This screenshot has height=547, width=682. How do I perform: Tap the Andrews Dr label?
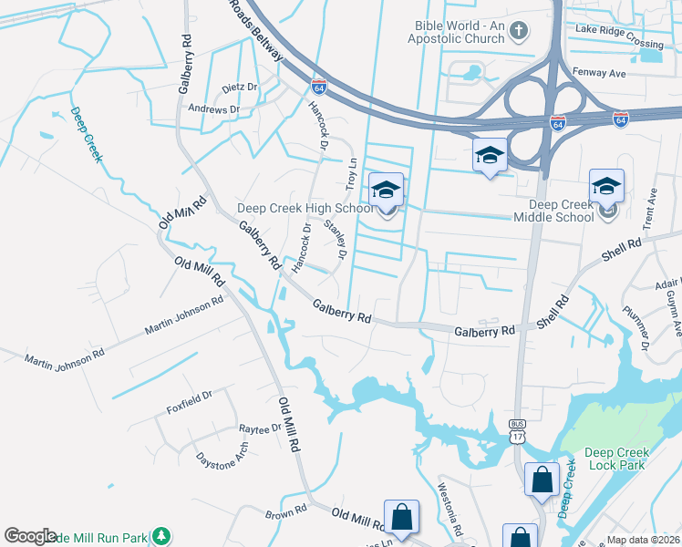point(213,109)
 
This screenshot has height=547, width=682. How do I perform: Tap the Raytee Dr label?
point(261,428)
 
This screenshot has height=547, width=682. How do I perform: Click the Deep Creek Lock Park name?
point(615,459)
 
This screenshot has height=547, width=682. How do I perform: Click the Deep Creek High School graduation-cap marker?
point(386,191)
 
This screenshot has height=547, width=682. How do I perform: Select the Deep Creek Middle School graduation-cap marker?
point(606,187)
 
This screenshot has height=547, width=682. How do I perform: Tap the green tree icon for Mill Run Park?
point(161,534)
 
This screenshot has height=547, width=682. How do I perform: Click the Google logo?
point(31,536)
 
